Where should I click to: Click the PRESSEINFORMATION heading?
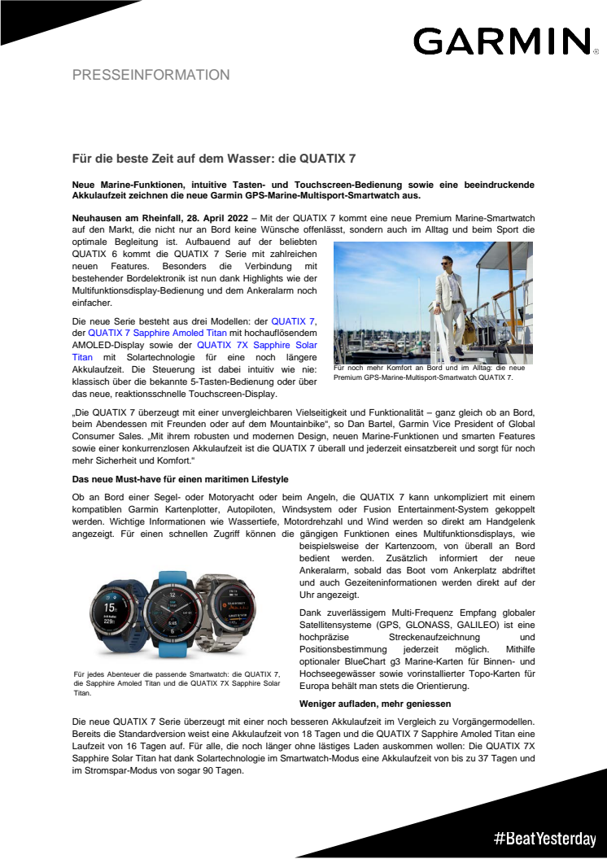151,75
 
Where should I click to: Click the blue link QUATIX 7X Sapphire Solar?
260,344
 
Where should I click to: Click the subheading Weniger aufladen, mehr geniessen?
364,702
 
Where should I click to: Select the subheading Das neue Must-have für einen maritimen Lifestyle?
180,478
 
